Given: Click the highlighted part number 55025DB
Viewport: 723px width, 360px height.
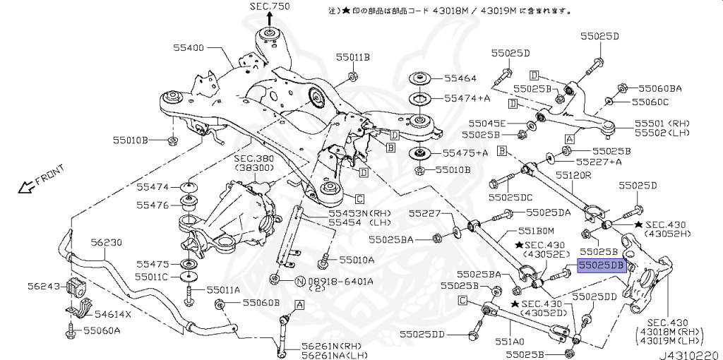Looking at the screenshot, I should pyautogui.click(x=602, y=265).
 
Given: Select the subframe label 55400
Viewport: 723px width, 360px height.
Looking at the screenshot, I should pyautogui.click(x=189, y=48).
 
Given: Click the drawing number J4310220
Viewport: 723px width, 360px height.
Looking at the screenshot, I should pyautogui.click(x=688, y=354).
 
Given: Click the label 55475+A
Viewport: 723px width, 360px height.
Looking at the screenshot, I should pyautogui.click(x=465, y=152).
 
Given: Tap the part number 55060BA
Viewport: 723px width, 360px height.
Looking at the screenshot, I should pyautogui.click(x=660, y=88).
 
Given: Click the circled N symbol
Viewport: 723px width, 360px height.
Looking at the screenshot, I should pyautogui.click(x=299, y=281).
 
